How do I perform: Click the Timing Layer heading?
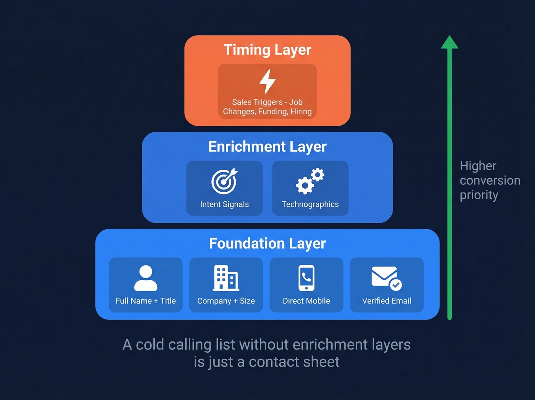click(267, 50)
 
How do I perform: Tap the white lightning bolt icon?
click(267, 81)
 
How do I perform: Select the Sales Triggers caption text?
click(267, 107)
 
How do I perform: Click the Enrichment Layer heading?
click(267, 147)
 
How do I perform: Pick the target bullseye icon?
click(224, 181)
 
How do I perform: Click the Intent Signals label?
click(224, 204)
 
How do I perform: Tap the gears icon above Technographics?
click(310, 181)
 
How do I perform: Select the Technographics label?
click(310, 204)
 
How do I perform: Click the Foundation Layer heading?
click(267, 244)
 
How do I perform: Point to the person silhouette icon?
click(146, 278)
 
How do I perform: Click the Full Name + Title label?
click(146, 301)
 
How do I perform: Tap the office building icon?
click(226, 278)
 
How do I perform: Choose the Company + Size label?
click(226, 301)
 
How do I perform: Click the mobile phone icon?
click(306, 278)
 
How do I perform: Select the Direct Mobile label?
click(306, 301)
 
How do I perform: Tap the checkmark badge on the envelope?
click(396, 285)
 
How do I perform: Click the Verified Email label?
click(386, 301)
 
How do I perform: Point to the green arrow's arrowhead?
click(449, 42)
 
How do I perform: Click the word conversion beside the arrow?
click(490, 180)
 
